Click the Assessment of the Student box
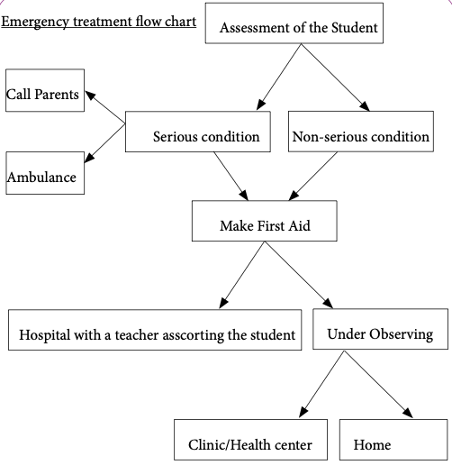294,23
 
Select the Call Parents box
45,90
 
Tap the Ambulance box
45,173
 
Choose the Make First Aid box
265,221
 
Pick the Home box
393,440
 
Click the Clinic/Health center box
250,440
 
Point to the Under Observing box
380,329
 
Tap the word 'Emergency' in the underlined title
35,23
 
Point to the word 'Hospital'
45,335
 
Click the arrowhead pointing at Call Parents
90,95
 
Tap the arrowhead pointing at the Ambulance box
89,158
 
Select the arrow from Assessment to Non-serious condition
335,77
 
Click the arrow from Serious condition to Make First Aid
231,176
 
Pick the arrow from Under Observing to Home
378,384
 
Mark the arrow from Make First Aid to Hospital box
242,275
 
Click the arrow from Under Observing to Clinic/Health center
321,384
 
